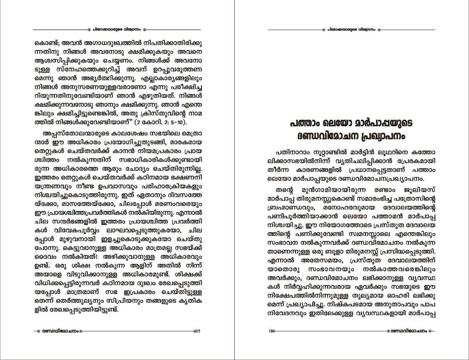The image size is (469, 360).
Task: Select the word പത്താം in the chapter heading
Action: coord(306,124)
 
